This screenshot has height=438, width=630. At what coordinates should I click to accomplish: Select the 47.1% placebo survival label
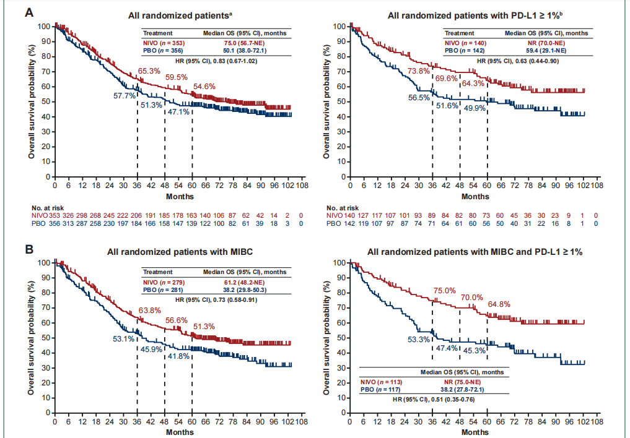(180, 112)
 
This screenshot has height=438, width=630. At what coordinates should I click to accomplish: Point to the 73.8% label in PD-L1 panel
(418, 72)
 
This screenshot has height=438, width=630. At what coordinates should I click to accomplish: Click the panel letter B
(29, 250)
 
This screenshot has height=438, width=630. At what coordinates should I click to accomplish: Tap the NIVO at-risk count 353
(55, 215)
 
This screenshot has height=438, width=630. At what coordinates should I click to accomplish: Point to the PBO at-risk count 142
(352, 223)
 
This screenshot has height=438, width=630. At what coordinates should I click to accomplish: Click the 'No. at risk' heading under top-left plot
(46, 207)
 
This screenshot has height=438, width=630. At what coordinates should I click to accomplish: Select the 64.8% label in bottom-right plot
(499, 304)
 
